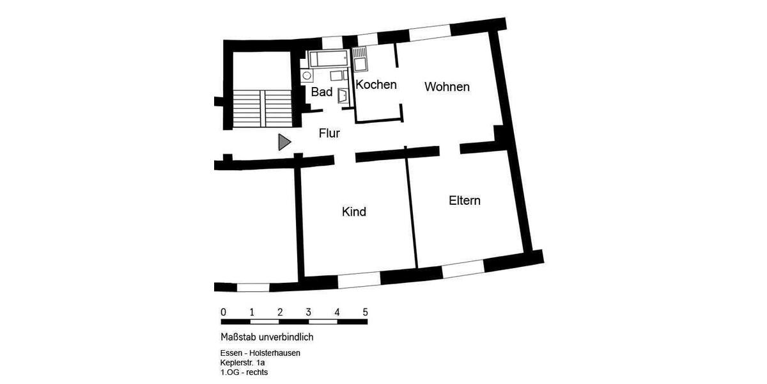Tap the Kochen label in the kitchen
point(376,84)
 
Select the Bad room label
point(322,92)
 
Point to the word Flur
point(329,134)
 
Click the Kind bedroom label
point(354,212)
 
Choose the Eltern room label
point(464,201)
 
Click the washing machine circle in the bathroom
point(307,76)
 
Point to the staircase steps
point(261,109)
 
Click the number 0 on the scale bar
point(223,312)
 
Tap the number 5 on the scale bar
point(365,312)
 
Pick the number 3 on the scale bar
point(308,312)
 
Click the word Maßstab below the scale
point(238,337)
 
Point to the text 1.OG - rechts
point(244,372)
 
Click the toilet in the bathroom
point(343,96)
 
